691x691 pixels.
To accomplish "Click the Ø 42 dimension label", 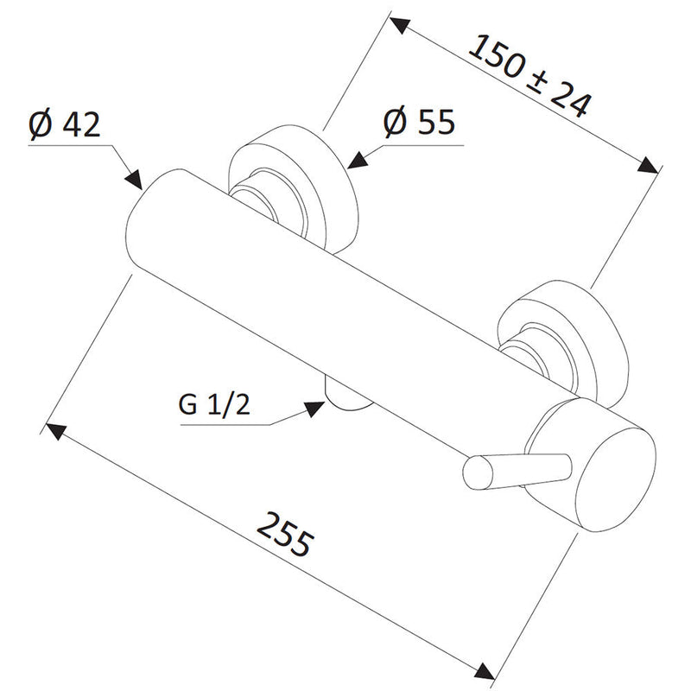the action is click(x=65, y=124).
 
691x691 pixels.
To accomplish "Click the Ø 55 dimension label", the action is click(x=419, y=122).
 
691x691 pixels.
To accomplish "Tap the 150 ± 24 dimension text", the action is click(x=529, y=76).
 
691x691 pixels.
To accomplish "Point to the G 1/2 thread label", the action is click(x=214, y=404).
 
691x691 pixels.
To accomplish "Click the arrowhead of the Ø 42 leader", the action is click(x=134, y=181).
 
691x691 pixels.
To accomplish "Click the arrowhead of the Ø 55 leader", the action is click(x=358, y=160).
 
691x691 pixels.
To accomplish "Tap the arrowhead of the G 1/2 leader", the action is click(x=314, y=409).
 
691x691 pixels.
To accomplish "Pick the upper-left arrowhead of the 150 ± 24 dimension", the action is click(x=400, y=26).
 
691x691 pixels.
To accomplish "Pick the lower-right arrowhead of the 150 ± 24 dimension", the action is click(x=649, y=165).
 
